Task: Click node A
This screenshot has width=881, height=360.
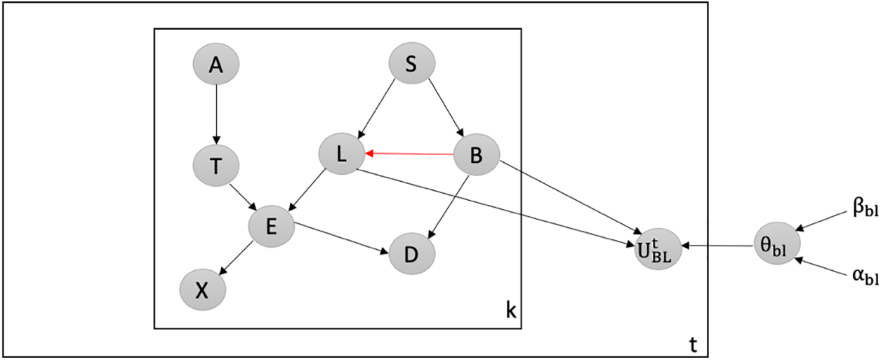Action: [x=216, y=65]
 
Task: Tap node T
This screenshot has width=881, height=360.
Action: [x=216, y=166]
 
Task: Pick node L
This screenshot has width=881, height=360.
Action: [x=341, y=155]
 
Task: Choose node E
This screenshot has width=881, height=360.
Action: [x=271, y=226]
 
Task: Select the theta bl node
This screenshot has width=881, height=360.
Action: [x=776, y=244]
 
